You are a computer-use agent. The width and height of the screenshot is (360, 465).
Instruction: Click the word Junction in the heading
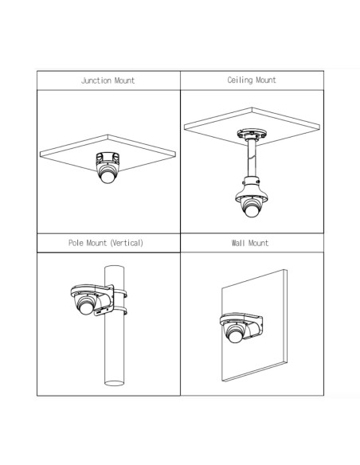pos(96,80)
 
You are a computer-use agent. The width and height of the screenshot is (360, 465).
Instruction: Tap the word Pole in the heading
pos(76,243)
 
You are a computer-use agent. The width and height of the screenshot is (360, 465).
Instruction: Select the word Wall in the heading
pos(238,243)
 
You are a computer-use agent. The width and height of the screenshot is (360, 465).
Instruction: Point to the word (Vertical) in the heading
pos(127,243)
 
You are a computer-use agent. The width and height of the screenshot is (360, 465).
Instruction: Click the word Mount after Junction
pos(124,80)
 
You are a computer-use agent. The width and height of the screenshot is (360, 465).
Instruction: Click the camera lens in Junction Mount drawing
pos(108,177)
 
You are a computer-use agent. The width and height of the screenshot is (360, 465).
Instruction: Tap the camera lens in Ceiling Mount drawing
pos(251,210)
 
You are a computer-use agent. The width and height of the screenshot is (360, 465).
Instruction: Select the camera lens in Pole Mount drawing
pos(86,308)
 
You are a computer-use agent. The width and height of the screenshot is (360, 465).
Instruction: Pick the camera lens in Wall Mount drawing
pos(235,336)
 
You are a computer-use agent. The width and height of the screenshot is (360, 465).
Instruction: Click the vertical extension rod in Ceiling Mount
pos(252,158)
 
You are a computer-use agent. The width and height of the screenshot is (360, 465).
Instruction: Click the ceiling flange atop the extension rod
pos(252,134)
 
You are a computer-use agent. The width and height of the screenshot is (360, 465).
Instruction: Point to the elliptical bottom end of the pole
pos(114,383)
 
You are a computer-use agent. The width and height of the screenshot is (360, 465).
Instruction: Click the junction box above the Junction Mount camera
pos(108,158)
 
